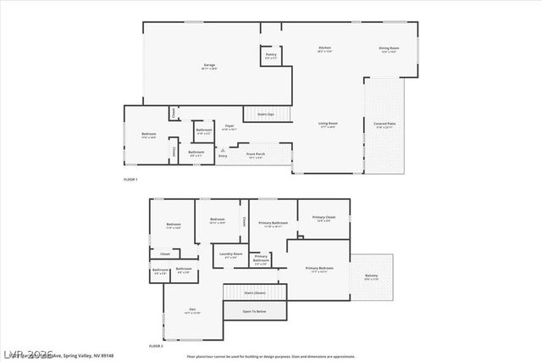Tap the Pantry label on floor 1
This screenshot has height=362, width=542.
click(x=270, y=55)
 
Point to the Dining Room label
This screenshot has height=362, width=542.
click(x=389, y=48)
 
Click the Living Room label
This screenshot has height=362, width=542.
click(x=328, y=125)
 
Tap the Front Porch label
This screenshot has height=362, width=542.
click(x=255, y=154)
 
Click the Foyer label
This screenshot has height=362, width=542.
click(x=229, y=126)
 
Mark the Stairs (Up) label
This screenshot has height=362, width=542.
click(x=265, y=113)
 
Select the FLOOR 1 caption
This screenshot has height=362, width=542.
click(x=130, y=181)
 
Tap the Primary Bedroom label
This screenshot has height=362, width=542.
click(x=319, y=269)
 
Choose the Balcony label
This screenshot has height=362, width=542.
click(x=372, y=276)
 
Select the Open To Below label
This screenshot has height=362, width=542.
click(x=255, y=311)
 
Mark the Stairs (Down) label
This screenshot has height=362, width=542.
click(x=255, y=292)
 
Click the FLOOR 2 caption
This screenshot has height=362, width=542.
click(x=155, y=346)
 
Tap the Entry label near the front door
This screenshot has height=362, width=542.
click(x=224, y=156)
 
